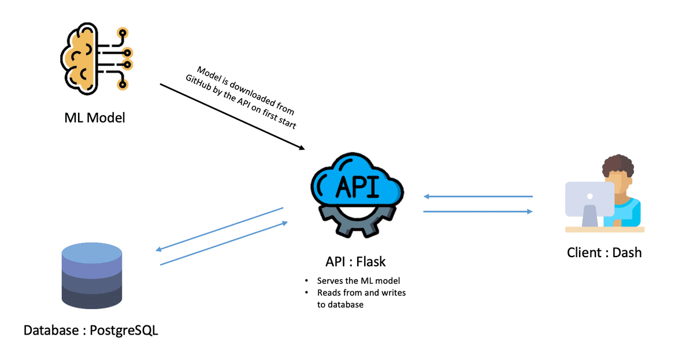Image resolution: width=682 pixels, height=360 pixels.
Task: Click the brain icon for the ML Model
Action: [87, 58]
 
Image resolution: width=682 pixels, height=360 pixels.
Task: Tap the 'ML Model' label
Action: [94, 118]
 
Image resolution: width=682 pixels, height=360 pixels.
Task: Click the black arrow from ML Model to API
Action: [231, 116]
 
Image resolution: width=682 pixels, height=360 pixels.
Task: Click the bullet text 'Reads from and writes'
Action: [361, 293]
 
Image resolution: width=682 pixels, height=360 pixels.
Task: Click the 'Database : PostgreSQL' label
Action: [91, 331]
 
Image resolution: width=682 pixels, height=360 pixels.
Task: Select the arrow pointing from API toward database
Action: [220, 229]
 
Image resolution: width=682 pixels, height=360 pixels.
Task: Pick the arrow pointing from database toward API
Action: [223, 243]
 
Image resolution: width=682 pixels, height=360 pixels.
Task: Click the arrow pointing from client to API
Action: [478, 196]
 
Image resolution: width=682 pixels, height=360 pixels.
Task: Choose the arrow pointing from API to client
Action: [478, 211]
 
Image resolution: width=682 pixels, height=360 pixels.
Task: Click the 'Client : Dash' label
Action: [604, 253]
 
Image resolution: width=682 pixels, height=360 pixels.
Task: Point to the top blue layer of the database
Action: [91, 253]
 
